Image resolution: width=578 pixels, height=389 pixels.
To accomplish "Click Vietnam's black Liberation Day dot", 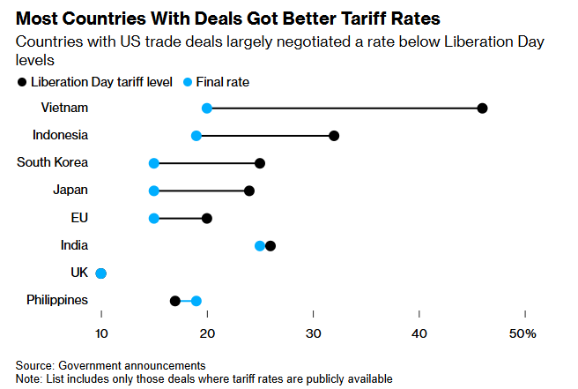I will tap(482, 108).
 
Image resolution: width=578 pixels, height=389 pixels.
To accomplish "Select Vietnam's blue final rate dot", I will tap(207, 108).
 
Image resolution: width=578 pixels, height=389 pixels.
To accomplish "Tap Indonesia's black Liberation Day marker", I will tap(334, 136).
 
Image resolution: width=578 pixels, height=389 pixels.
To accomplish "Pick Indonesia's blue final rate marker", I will tap(196, 136).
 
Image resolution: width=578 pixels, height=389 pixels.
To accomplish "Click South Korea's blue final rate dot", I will tap(154, 163).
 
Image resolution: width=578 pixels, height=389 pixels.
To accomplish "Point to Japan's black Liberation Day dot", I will tap(249, 191).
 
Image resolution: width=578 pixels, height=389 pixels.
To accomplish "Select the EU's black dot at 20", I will tap(207, 218).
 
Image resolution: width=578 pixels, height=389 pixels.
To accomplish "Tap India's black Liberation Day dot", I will tap(270, 245).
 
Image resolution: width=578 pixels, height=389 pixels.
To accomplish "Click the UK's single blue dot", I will tap(101, 273).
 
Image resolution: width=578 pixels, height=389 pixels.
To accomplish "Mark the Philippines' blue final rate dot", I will tap(196, 301).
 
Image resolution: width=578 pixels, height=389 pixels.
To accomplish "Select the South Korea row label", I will tap(53, 162).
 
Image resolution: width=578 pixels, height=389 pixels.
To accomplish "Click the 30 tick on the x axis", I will tap(313, 333).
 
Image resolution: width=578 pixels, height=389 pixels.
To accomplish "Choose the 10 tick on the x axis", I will tap(101, 333).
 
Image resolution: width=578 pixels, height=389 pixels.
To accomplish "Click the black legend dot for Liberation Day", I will tap(22, 82).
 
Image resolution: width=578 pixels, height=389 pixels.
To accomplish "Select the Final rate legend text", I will tap(221, 82).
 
